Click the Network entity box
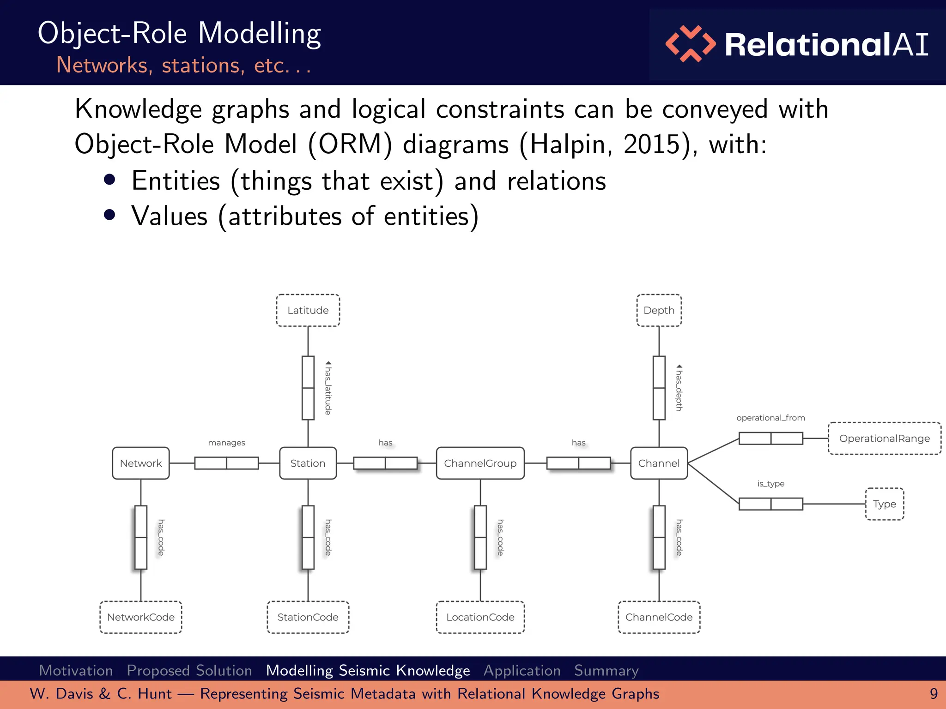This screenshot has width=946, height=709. point(140,463)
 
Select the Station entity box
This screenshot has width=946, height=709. point(308,463)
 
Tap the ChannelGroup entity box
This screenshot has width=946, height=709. point(480,463)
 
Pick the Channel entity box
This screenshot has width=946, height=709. point(659,463)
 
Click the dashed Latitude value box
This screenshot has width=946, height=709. point(308,310)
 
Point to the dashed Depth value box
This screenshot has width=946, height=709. point(659,310)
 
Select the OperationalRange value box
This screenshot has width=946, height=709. point(884,439)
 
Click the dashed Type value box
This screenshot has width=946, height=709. point(884,504)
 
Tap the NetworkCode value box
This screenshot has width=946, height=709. point(140,617)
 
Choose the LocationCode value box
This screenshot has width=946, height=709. point(480,617)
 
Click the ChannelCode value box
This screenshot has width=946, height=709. point(659,617)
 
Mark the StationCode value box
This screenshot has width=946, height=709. point(308,617)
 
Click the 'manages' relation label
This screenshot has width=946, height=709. point(226,443)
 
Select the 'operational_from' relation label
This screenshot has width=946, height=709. point(770,418)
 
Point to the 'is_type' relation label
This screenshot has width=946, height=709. point(770,484)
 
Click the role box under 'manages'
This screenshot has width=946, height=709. point(226,463)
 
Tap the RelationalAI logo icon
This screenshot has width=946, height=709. point(690,44)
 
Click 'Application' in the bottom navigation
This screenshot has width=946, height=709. point(522,670)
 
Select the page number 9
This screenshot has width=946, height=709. point(934,694)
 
